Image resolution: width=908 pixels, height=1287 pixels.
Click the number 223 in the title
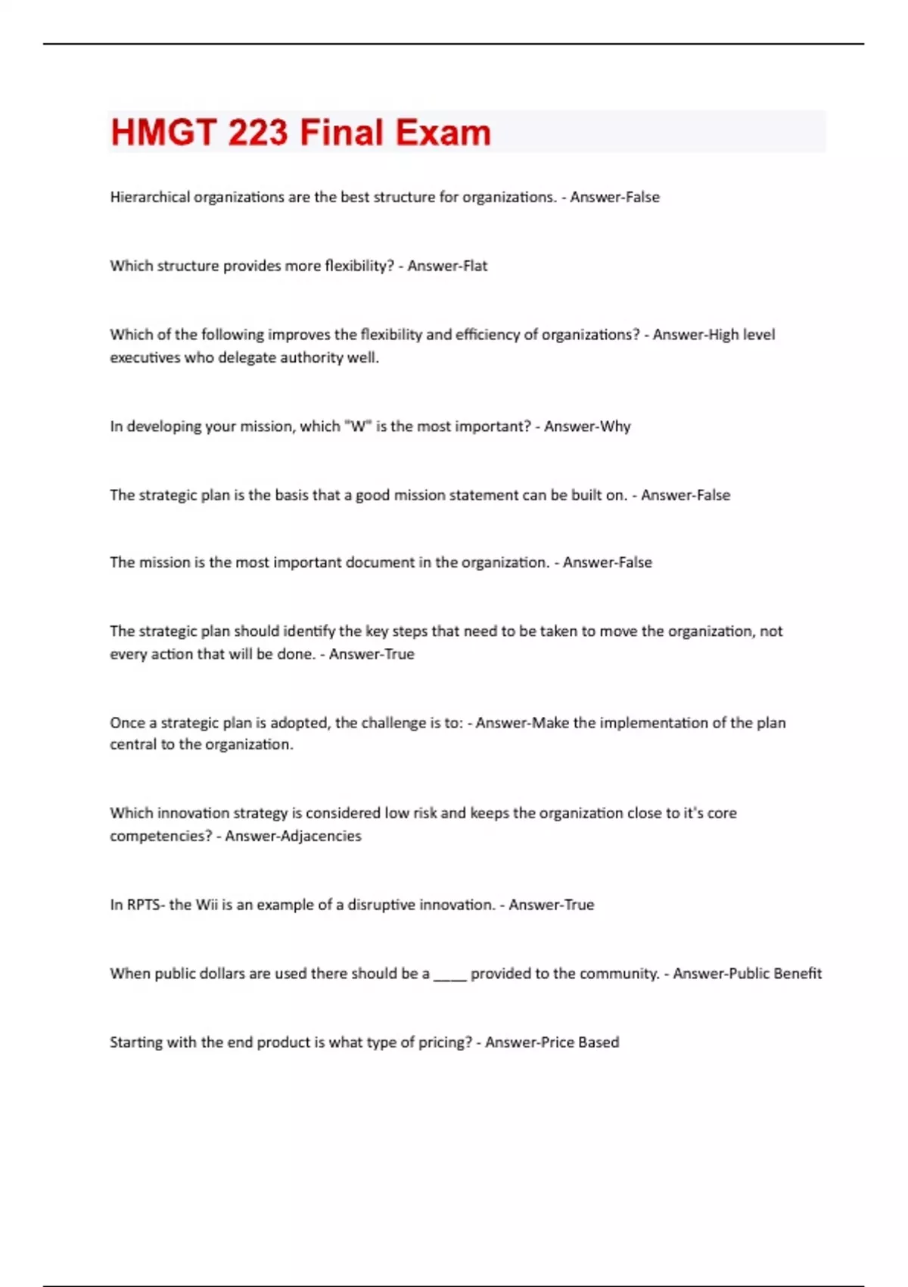tap(257, 132)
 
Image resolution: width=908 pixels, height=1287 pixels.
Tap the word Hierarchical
tap(150, 197)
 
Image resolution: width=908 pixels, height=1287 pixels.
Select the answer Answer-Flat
tap(447, 266)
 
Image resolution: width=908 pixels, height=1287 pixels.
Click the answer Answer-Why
tap(587, 426)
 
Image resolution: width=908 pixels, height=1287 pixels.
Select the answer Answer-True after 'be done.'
tap(372, 654)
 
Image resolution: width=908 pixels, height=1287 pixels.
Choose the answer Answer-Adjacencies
tap(293, 836)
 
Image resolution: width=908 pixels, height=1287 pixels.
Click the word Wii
tap(206, 905)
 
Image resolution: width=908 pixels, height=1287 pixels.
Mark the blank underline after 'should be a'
tap(449, 975)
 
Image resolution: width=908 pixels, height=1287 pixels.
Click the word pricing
tap(445, 1042)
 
